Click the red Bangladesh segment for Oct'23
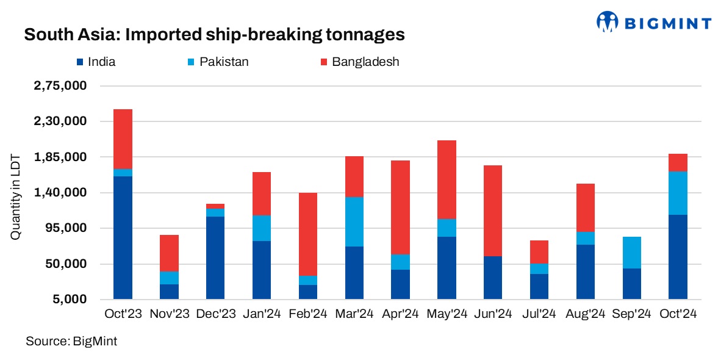pos(123,139)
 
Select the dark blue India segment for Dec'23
pos(215,257)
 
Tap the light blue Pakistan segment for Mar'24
pos(354,221)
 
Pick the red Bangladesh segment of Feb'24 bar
pos(307,234)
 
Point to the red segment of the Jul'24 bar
pos(539,251)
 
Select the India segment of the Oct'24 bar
pos(677,257)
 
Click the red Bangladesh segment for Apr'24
pos(400,207)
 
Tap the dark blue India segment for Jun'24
pos(492,278)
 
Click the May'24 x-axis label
pos(447,314)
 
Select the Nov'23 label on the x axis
pos(170,314)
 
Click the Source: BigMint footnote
pos(71,342)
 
